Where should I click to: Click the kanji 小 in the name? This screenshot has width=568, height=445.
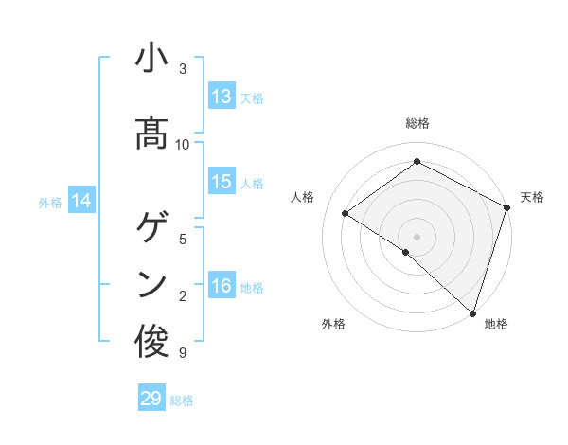(151, 57)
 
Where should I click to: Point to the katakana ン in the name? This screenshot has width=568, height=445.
(152, 285)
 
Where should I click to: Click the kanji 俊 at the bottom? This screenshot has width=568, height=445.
(151, 341)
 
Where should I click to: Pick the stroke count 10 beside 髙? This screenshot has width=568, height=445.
(182, 145)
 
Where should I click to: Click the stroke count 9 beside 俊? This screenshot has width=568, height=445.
(183, 352)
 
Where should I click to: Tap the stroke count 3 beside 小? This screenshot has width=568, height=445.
(183, 69)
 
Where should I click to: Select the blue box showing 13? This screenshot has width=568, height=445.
(222, 96)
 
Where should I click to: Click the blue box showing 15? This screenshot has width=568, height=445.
(222, 181)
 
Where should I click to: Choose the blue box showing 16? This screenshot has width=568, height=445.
(222, 284)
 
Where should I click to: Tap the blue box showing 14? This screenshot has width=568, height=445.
(81, 200)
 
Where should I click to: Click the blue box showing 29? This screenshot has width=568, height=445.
(151, 397)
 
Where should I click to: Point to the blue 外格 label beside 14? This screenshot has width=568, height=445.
(50, 203)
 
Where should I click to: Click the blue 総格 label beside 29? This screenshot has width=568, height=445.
(182, 400)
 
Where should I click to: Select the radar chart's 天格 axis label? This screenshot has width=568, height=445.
(532, 197)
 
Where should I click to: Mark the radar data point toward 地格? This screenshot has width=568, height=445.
(472, 313)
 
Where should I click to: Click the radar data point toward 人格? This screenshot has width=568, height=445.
(346, 213)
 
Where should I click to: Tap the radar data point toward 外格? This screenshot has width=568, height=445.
(406, 252)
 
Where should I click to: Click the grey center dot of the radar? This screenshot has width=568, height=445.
(417, 237)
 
